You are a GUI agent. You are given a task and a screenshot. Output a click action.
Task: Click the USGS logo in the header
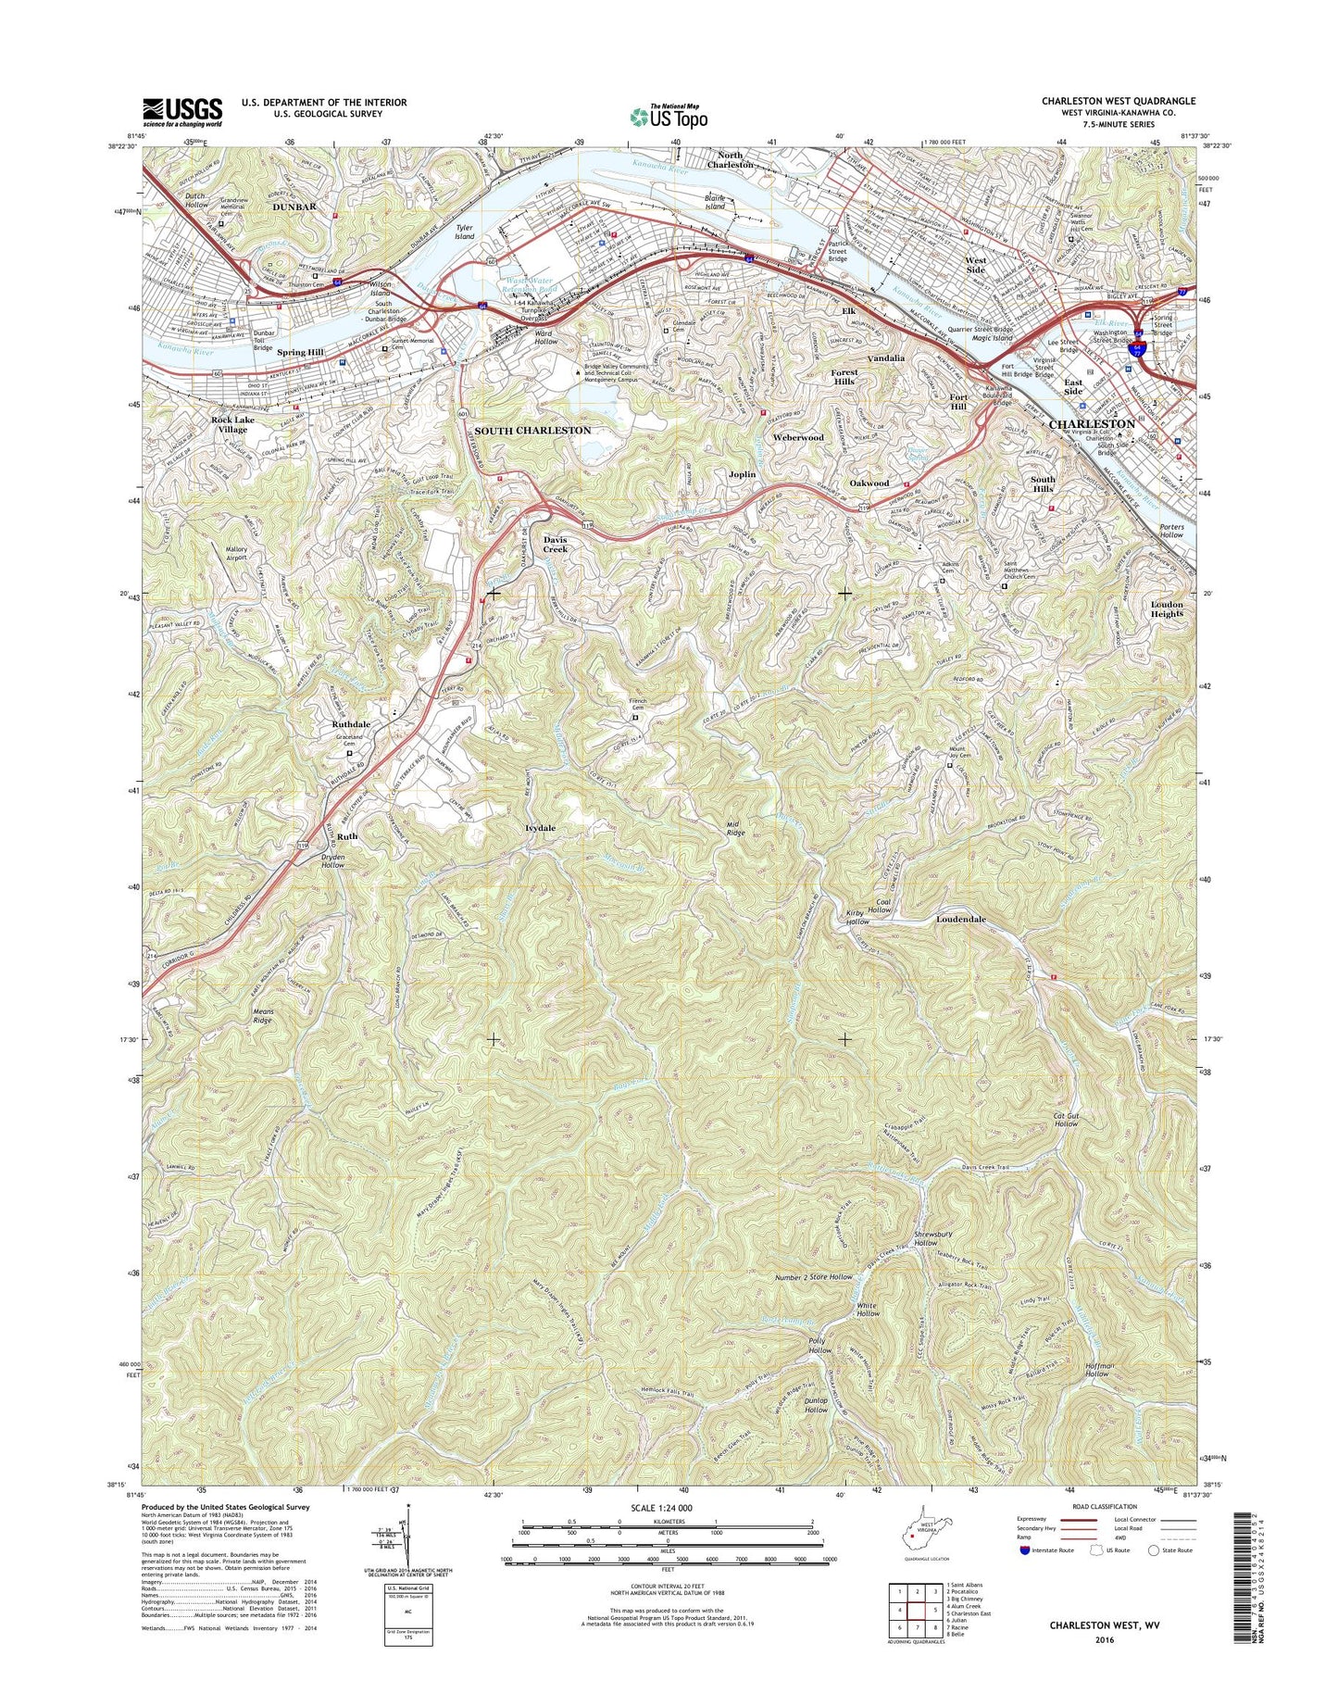pyautogui.click(x=182, y=111)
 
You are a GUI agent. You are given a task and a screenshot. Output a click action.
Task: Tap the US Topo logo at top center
pyautogui.click(x=669, y=116)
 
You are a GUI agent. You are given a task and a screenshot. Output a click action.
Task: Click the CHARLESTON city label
pyautogui.click(x=1092, y=423)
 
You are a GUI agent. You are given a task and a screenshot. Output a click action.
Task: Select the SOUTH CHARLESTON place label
pyautogui.click(x=532, y=431)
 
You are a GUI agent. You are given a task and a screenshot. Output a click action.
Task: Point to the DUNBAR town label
pyautogui.click(x=294, y=207)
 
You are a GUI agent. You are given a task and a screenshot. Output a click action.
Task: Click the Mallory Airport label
pyautogui.click(x=236, y=554)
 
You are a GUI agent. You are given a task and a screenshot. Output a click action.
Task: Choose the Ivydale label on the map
pyautogui.click(x=540, y=828)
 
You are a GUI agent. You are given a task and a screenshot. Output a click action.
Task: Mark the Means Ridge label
pyautogui.click(x=263, y=1016)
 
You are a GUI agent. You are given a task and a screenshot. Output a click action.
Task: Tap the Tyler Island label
pyautogui.click(x=464, y=232)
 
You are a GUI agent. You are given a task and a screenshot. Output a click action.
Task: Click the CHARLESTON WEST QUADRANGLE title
pyautogui.click(x=1118, y=101)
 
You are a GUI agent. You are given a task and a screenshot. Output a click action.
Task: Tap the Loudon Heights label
pyautogui.click(x=1167, y=609)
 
